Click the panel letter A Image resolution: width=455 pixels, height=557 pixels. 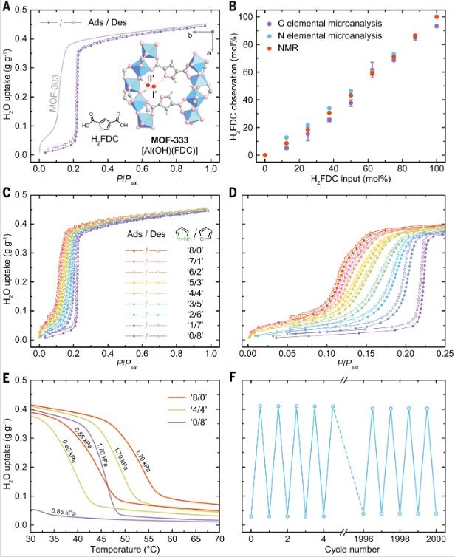(x=7, y=8)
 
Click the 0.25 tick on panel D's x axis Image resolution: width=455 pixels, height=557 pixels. (x=442, y=355)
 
